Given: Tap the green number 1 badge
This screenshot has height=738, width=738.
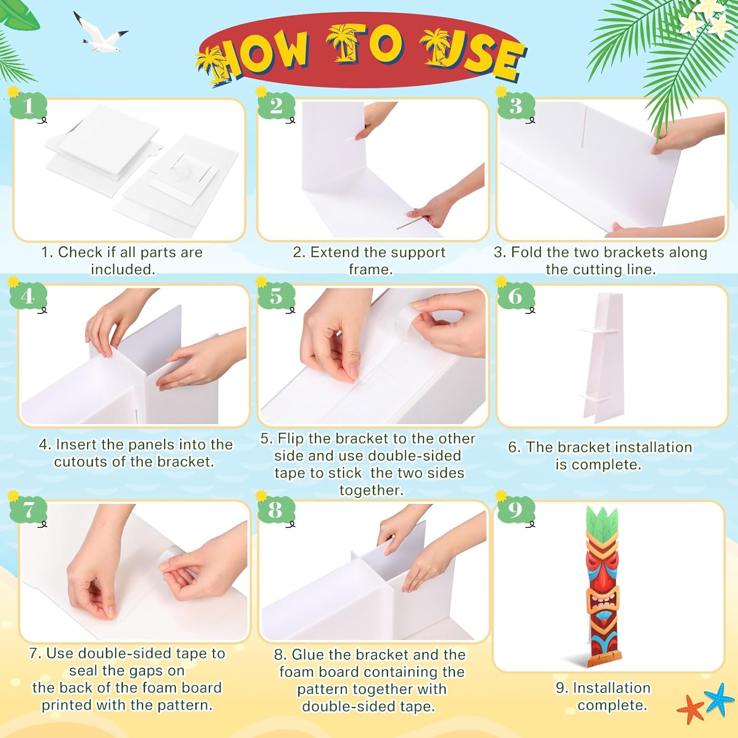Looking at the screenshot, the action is tap(28, 106).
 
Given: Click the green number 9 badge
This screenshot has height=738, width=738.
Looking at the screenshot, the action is tap(515, 510).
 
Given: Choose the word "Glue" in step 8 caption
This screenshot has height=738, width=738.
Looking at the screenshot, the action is tap(308, 655).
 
